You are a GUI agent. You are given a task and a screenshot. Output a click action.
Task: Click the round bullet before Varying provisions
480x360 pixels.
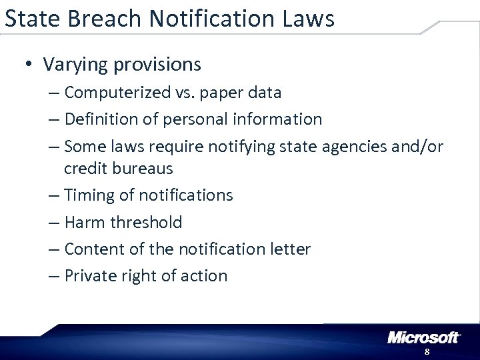28,65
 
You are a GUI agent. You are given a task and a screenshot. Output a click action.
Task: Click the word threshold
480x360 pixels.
144,222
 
